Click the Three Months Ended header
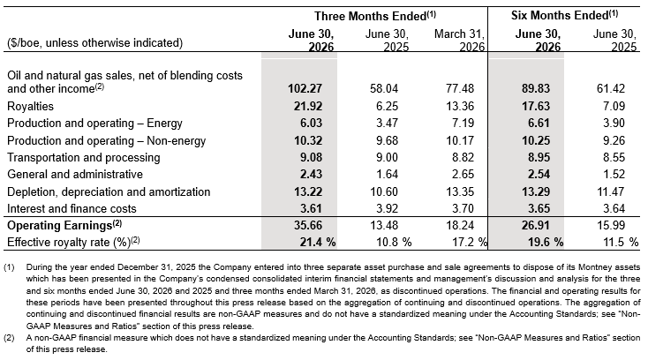(x=375, y=16)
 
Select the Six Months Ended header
(x=564, y=15)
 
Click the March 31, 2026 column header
(x=459, y=40)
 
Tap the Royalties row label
(x=31, y=106)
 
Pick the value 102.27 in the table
(x=305, y=88)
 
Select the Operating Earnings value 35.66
(x=308, y=225)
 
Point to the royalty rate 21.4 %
(x=318, y=242)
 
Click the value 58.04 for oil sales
(x=384, y=88)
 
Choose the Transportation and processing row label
(x=84, y=157)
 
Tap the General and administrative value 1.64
(x=388, y=174)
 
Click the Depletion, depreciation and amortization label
(x=109, y=191)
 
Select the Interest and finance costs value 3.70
(x=463, y=208)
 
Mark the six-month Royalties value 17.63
(x=536, y=106)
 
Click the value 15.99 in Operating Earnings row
(x=611, y=225)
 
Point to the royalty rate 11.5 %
(x=621, y=242)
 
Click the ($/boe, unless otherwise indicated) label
(x=94, y=43)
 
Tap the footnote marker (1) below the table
(x=9, y=267)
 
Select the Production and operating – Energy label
(x=94, y=123)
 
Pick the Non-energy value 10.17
(x=460, y=140)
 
